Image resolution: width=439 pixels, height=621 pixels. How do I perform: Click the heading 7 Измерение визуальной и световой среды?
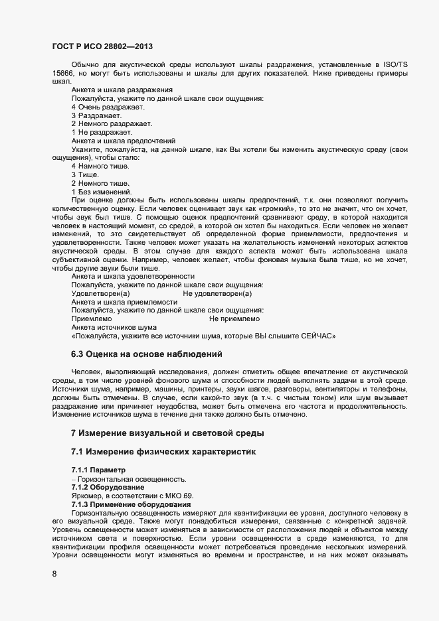(x=168, y=433)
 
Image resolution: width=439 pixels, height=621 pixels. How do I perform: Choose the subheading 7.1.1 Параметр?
(x=98, y=470)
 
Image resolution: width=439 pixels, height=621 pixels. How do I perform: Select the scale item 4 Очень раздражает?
(x=108, y=107)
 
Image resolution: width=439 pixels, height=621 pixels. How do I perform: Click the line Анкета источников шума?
(x=114, y=327)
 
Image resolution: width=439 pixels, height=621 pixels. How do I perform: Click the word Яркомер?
(x=88, y=496)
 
